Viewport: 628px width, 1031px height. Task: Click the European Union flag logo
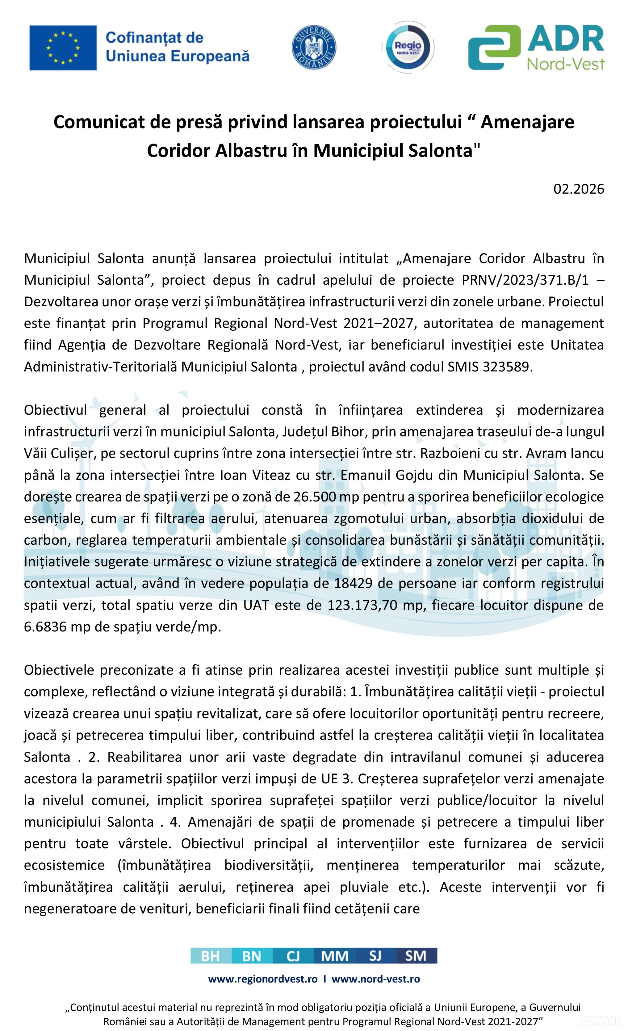pyautogui.click(x=63, y=48)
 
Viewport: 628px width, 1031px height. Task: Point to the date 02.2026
pyautogui.click(x=579, y=189)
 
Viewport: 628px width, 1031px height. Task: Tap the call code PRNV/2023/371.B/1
pyautogui.click(x=525, y=280)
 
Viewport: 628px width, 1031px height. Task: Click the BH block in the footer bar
pyautogui.click(x=211, y=956)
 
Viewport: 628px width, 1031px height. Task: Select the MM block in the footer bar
pyautogui.click(x=334, y=956)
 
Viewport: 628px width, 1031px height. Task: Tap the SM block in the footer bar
pyautogui.click(x=416, y=956)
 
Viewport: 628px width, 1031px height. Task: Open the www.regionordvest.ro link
pyautogui.click(x=263, y=979)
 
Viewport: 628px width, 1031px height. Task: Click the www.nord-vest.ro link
pyautogui.click(x=376, y=979)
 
